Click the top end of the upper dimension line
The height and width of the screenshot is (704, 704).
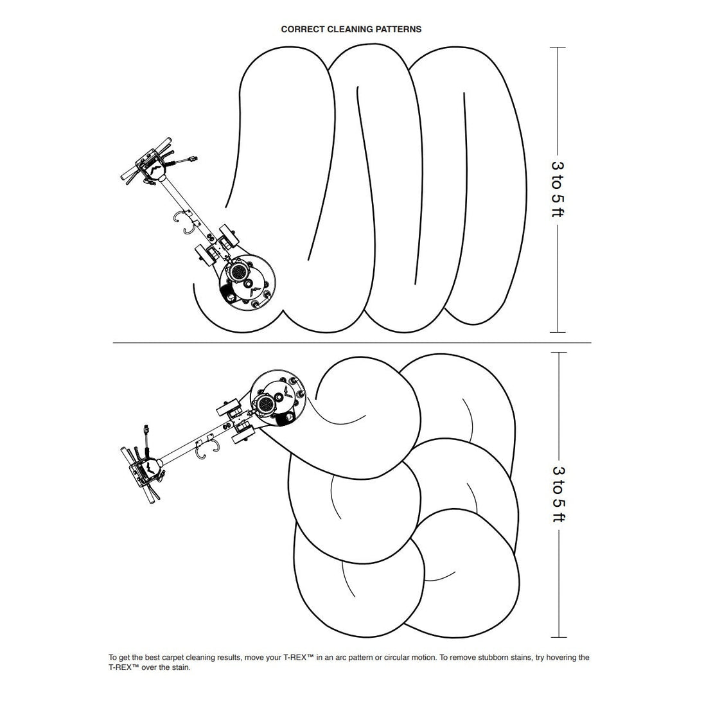point(558,47)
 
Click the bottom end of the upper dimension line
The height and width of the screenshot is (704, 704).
point(558,332)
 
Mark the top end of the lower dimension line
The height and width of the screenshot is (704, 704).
point(558,353)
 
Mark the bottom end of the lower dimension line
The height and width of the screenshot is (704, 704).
point(558,637)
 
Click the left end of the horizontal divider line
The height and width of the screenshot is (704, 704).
point(113,342)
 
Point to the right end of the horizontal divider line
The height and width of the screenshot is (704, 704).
point(591,342)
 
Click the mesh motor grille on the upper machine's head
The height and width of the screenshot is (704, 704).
point(238,271)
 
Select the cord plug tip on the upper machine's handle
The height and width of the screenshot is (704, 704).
point(194,158)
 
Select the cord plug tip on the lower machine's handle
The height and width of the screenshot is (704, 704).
point(146,429)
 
